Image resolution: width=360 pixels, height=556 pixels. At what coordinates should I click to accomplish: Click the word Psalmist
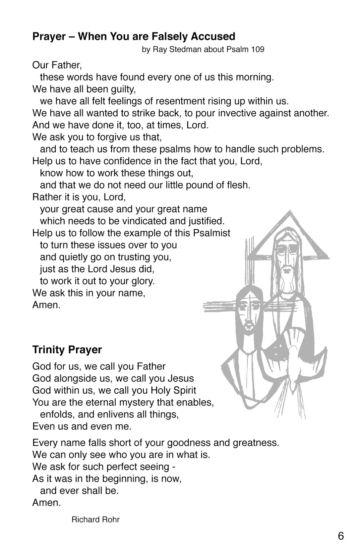click(211, 233)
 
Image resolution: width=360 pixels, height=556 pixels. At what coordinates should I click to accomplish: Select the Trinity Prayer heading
click(67, 350)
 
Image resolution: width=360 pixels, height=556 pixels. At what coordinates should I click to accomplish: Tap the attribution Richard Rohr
click(95, 520)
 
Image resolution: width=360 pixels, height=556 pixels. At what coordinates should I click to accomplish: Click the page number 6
click(341, 536)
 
